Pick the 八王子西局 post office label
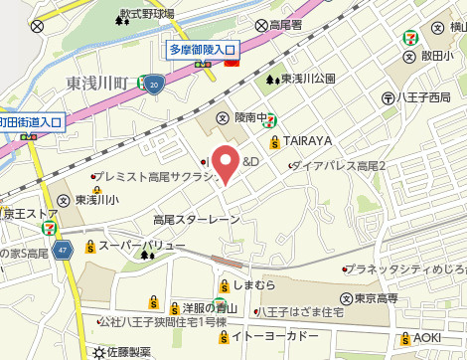[x=423, y=97]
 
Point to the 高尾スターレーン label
[x=197, y=219]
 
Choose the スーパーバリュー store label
[x=141, y=246]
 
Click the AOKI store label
[x=426, y=338]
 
